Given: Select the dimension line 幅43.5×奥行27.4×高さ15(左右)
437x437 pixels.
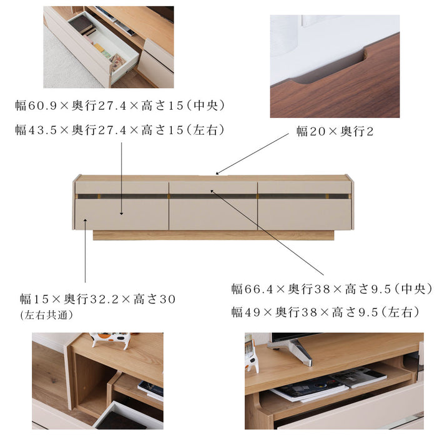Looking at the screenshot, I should (x=120, y=130).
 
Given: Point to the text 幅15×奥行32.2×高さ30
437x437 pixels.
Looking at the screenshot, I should (x=97, y=299).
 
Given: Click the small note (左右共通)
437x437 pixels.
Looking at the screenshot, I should (x=46, y=315).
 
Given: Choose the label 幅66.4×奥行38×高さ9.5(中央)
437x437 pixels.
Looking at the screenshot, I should (x=331, y=288).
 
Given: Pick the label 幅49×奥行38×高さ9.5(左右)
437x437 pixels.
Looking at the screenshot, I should (x=325, y=312).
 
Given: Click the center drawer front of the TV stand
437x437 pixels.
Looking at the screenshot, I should (x=213, y=214).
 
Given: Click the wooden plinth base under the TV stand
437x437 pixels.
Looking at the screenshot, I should (x=213, y=235).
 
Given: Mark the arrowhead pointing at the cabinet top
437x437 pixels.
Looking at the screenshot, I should (x=217, y=173).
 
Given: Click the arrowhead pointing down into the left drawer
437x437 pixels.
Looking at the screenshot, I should (x=122, y=213).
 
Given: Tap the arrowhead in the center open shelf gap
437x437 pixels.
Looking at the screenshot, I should (x=212, y=192).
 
